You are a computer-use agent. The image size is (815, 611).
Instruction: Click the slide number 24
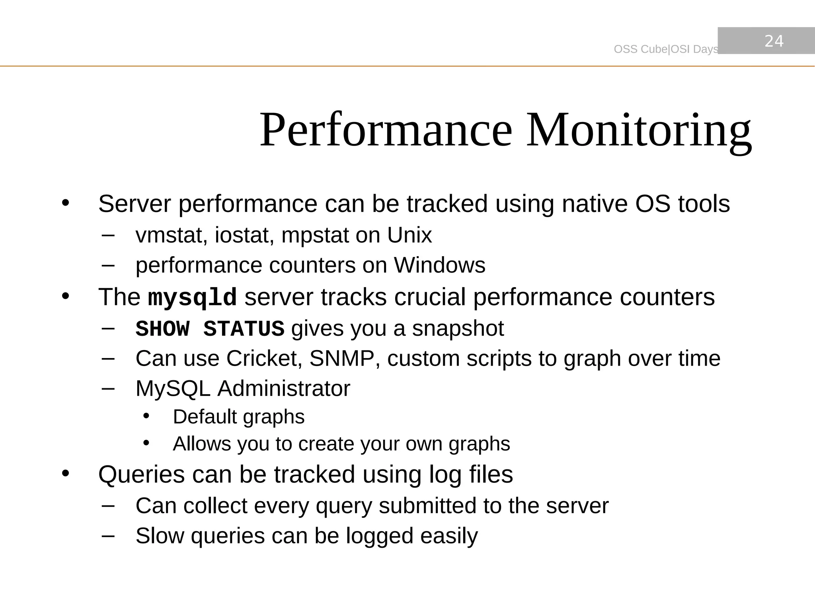tap(774, 41)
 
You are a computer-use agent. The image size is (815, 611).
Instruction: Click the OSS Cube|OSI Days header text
tap(666, 49)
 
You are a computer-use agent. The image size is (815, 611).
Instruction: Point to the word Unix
tap(409, 235)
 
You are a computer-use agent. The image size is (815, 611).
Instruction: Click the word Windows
tap(439, 265)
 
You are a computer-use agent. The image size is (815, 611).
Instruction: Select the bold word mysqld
tap(192, 298)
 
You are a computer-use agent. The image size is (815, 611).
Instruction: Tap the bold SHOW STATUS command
tap(210, 329)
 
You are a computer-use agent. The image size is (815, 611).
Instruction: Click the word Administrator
tap(283, 388)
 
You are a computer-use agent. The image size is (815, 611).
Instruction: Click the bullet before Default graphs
tap(146, 416)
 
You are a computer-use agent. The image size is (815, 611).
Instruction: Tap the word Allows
tap(201, 444)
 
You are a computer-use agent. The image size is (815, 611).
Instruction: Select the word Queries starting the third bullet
tap(141, 475)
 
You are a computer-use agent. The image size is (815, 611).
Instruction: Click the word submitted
tap(427, 506)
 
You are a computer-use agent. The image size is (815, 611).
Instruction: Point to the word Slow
tap(160, 535)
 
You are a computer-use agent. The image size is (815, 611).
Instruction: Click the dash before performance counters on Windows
tap(108, 265)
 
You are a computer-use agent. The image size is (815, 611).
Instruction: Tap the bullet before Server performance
tap(66, 203)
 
